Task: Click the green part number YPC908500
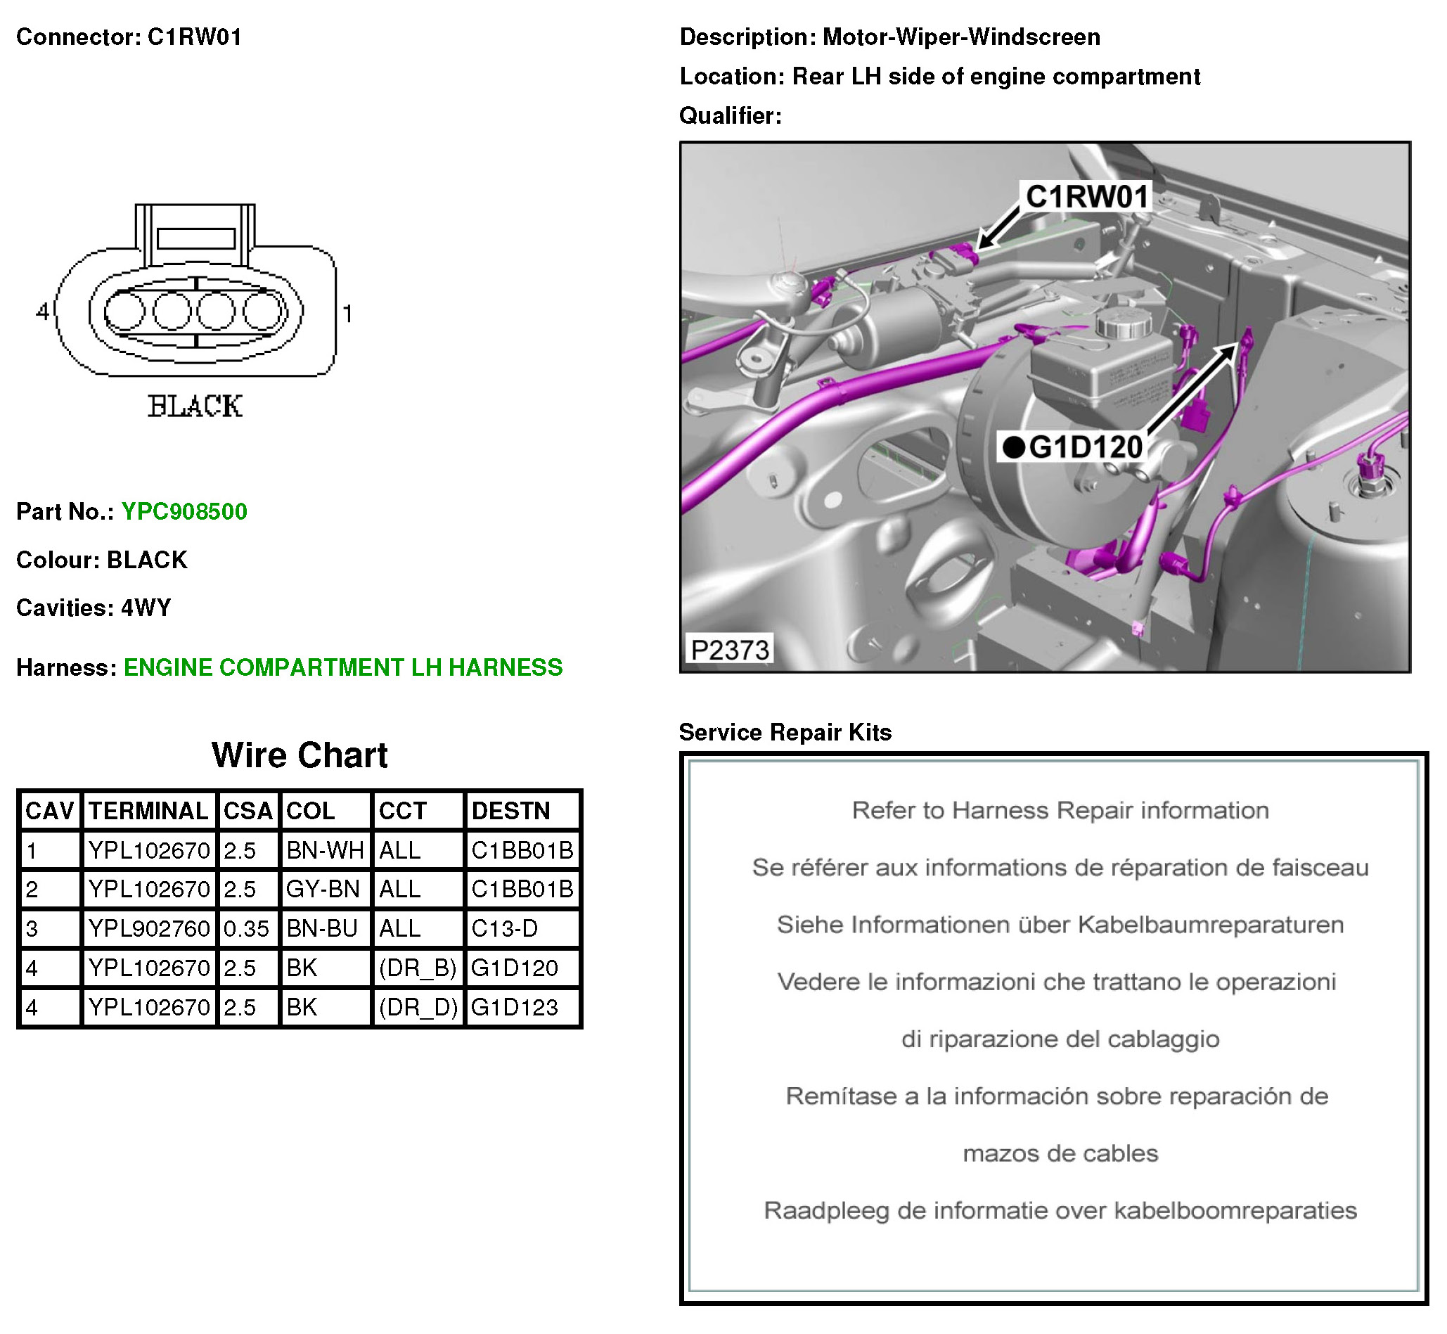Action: pyautogui.click(x=184, y=512)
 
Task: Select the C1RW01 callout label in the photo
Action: pyautogui.click(x=1087, y=197)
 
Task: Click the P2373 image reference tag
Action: pyautogui.click(x=730, y=650)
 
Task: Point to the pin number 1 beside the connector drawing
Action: pyautogui.click(x=348, y=314)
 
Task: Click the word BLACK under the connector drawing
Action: pyautogui.click(x=195, y=406)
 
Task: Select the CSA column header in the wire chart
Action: pyautogui.click(x=247, y=812)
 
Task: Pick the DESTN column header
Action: pyautogui.click(x=510, y=812)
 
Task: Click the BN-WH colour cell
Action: pyautogui.click(x=325, y=851)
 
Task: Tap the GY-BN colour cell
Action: pyautogui.click(x=323, y=890)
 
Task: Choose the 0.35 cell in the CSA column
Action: pyautogui.click(x=246, y=929)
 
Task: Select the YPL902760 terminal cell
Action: pyautogui.click(x=148, y=929)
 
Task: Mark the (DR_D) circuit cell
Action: pyautogui.click(x=418, y=1008)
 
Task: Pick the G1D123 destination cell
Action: pyautogui.click(x=515, y=1008)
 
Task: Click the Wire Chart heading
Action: pyautogui.click(x=300, y=756)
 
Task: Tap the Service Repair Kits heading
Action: pyautogui.click(x=785, y=733)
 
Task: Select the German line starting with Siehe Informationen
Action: pyautogui.click(x=1060, y=925)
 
